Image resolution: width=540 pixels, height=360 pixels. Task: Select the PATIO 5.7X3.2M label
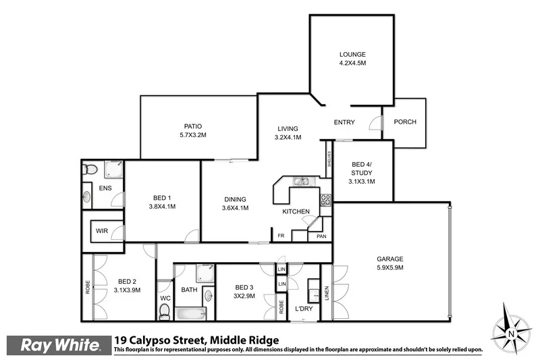[x=193, y=130]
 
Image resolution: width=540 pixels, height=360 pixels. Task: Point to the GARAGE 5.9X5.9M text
[x=389, y=263]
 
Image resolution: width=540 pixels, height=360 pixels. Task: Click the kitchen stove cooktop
[x=325, y=199]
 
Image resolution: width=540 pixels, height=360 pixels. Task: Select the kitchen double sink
[x=301, y=181]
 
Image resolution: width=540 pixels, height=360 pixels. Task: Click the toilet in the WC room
[x=164, y=311]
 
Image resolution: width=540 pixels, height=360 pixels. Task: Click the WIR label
[x=102, y=231]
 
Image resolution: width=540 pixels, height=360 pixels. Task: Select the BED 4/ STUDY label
[x=362, y=172]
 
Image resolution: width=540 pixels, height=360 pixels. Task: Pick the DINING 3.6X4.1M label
[x=236, y=203]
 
